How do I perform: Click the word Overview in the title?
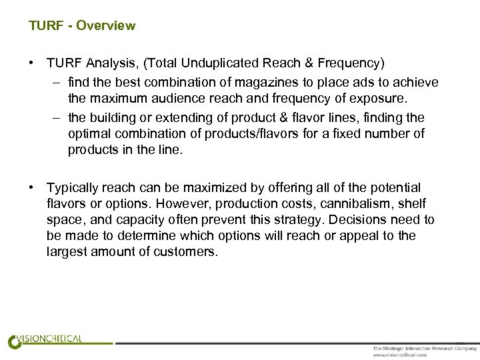pos(105,26)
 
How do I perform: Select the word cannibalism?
pos(349,204)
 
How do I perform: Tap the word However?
pos(169,204)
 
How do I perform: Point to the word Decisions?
pos(369,220)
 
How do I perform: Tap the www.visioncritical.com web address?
pos(399,355)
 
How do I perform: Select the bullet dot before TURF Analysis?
pos(32,63)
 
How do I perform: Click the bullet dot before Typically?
pos(32,188)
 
